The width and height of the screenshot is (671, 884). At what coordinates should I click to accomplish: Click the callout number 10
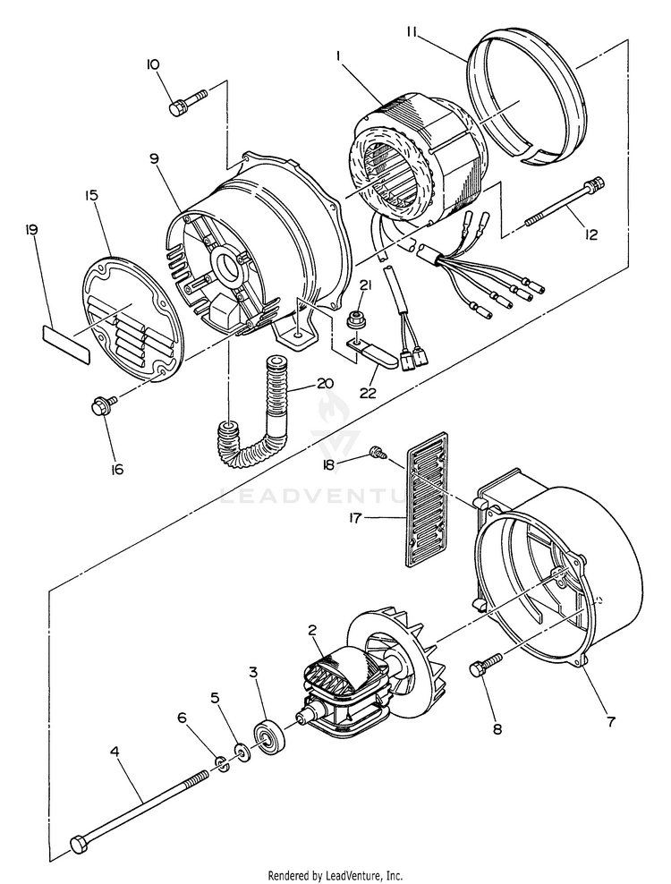click(153, 64)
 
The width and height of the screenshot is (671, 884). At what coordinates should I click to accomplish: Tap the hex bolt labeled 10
click(188, 101)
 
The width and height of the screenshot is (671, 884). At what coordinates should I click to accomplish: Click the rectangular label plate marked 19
click(66, 344)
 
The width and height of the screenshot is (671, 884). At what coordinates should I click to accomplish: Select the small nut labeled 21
click(356, 319)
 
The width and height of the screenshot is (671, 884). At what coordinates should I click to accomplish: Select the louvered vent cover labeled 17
click(428, 498)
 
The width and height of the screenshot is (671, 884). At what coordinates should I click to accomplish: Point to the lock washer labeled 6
click(224, 764)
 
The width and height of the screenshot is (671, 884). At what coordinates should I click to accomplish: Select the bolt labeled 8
click(486, 664)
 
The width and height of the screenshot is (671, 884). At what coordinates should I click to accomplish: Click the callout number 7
click(611, 722)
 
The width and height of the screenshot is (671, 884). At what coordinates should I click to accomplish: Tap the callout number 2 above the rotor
click(313, 630)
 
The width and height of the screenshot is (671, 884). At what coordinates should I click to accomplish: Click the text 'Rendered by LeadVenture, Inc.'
click(335, 876)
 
